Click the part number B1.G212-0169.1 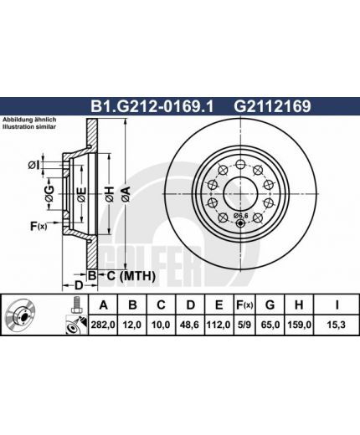tap(152, 106)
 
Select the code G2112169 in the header tap(272, 106)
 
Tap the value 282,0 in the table tap(103, 325)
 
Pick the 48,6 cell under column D tap(190, 325)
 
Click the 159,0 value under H tap(299, 325)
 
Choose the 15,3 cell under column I tap(337, 325)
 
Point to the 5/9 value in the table tap(244, 325)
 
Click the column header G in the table tap(270, 305)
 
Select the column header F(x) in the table tap(244, 305)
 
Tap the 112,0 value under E tap(219, 325)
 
